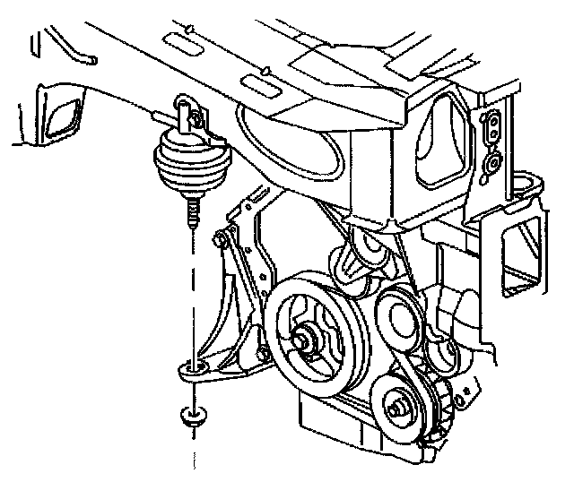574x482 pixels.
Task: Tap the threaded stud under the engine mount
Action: coord(191,213)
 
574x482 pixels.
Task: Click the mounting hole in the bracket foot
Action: coord(191,366)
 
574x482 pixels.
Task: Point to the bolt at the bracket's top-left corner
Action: coord(220,240)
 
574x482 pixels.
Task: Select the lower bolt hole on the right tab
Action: coord(491,163)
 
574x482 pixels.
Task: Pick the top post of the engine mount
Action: coord(186,111)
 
